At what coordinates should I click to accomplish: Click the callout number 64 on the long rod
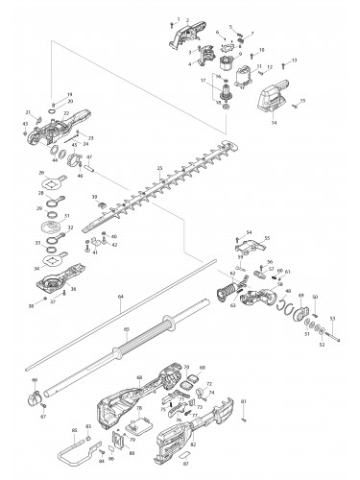point(121,298)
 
